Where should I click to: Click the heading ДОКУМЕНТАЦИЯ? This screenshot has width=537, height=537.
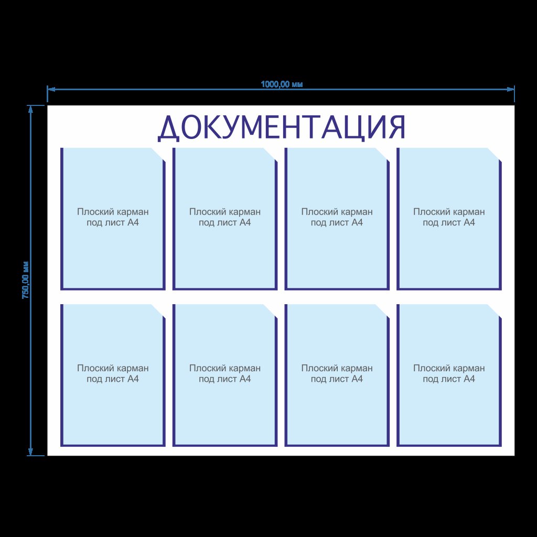(x=282, y=128)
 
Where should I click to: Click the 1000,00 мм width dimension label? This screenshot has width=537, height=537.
(x=282, y=84)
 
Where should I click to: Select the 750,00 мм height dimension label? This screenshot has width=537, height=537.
(x=25, y=280)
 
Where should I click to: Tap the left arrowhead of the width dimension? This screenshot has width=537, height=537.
(x=51, y=89)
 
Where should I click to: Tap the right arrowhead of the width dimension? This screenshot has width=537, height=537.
(x=511, y=89)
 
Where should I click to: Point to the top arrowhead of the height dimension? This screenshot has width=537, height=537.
(x=30, y=109)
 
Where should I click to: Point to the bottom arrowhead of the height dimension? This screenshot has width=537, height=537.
(x=30, y=452)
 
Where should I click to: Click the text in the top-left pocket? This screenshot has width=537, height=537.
(x=113, y=217)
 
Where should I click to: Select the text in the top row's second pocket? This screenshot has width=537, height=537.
(x=224, y=217)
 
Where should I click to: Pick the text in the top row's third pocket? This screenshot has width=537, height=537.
(x=337, y=217)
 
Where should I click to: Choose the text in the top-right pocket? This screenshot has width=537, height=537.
(x=449, y=217)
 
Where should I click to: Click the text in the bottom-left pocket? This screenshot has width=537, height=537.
(x=113, y=373)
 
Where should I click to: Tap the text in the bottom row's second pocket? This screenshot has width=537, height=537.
(x=224, y=373)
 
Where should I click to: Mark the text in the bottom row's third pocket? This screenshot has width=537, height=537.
(x=337, y=373)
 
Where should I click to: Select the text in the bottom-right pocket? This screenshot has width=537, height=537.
(x=449, y=373)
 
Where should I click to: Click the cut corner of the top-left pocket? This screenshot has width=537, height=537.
(x=158, y=155)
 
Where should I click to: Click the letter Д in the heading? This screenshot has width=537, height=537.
(x=168, y=129)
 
